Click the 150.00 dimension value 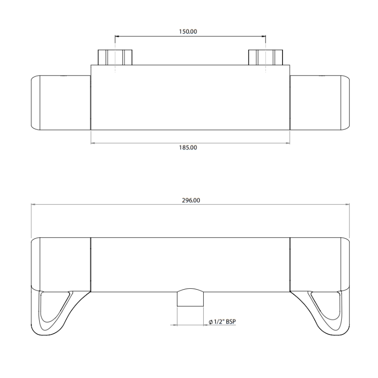pyautogui.click(x=189, y=31)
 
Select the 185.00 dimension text pyautogui.click(x=189, y=147)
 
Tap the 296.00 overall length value pyautogui.click(x=190, y=200)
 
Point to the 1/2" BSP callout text pyautogui.click(x=225, y=322)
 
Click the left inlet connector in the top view pyautogui.click(x=115, y=57)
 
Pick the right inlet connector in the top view pyautogui.click(x=266, y=57)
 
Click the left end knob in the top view pyautogui.click(x=60, y=102)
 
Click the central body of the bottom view pyautogui.click(x=189, y=265)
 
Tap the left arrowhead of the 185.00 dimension pyautogui.click(x=93, y=142)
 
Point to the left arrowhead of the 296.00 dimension pyautogui.click(x=33, y=205)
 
